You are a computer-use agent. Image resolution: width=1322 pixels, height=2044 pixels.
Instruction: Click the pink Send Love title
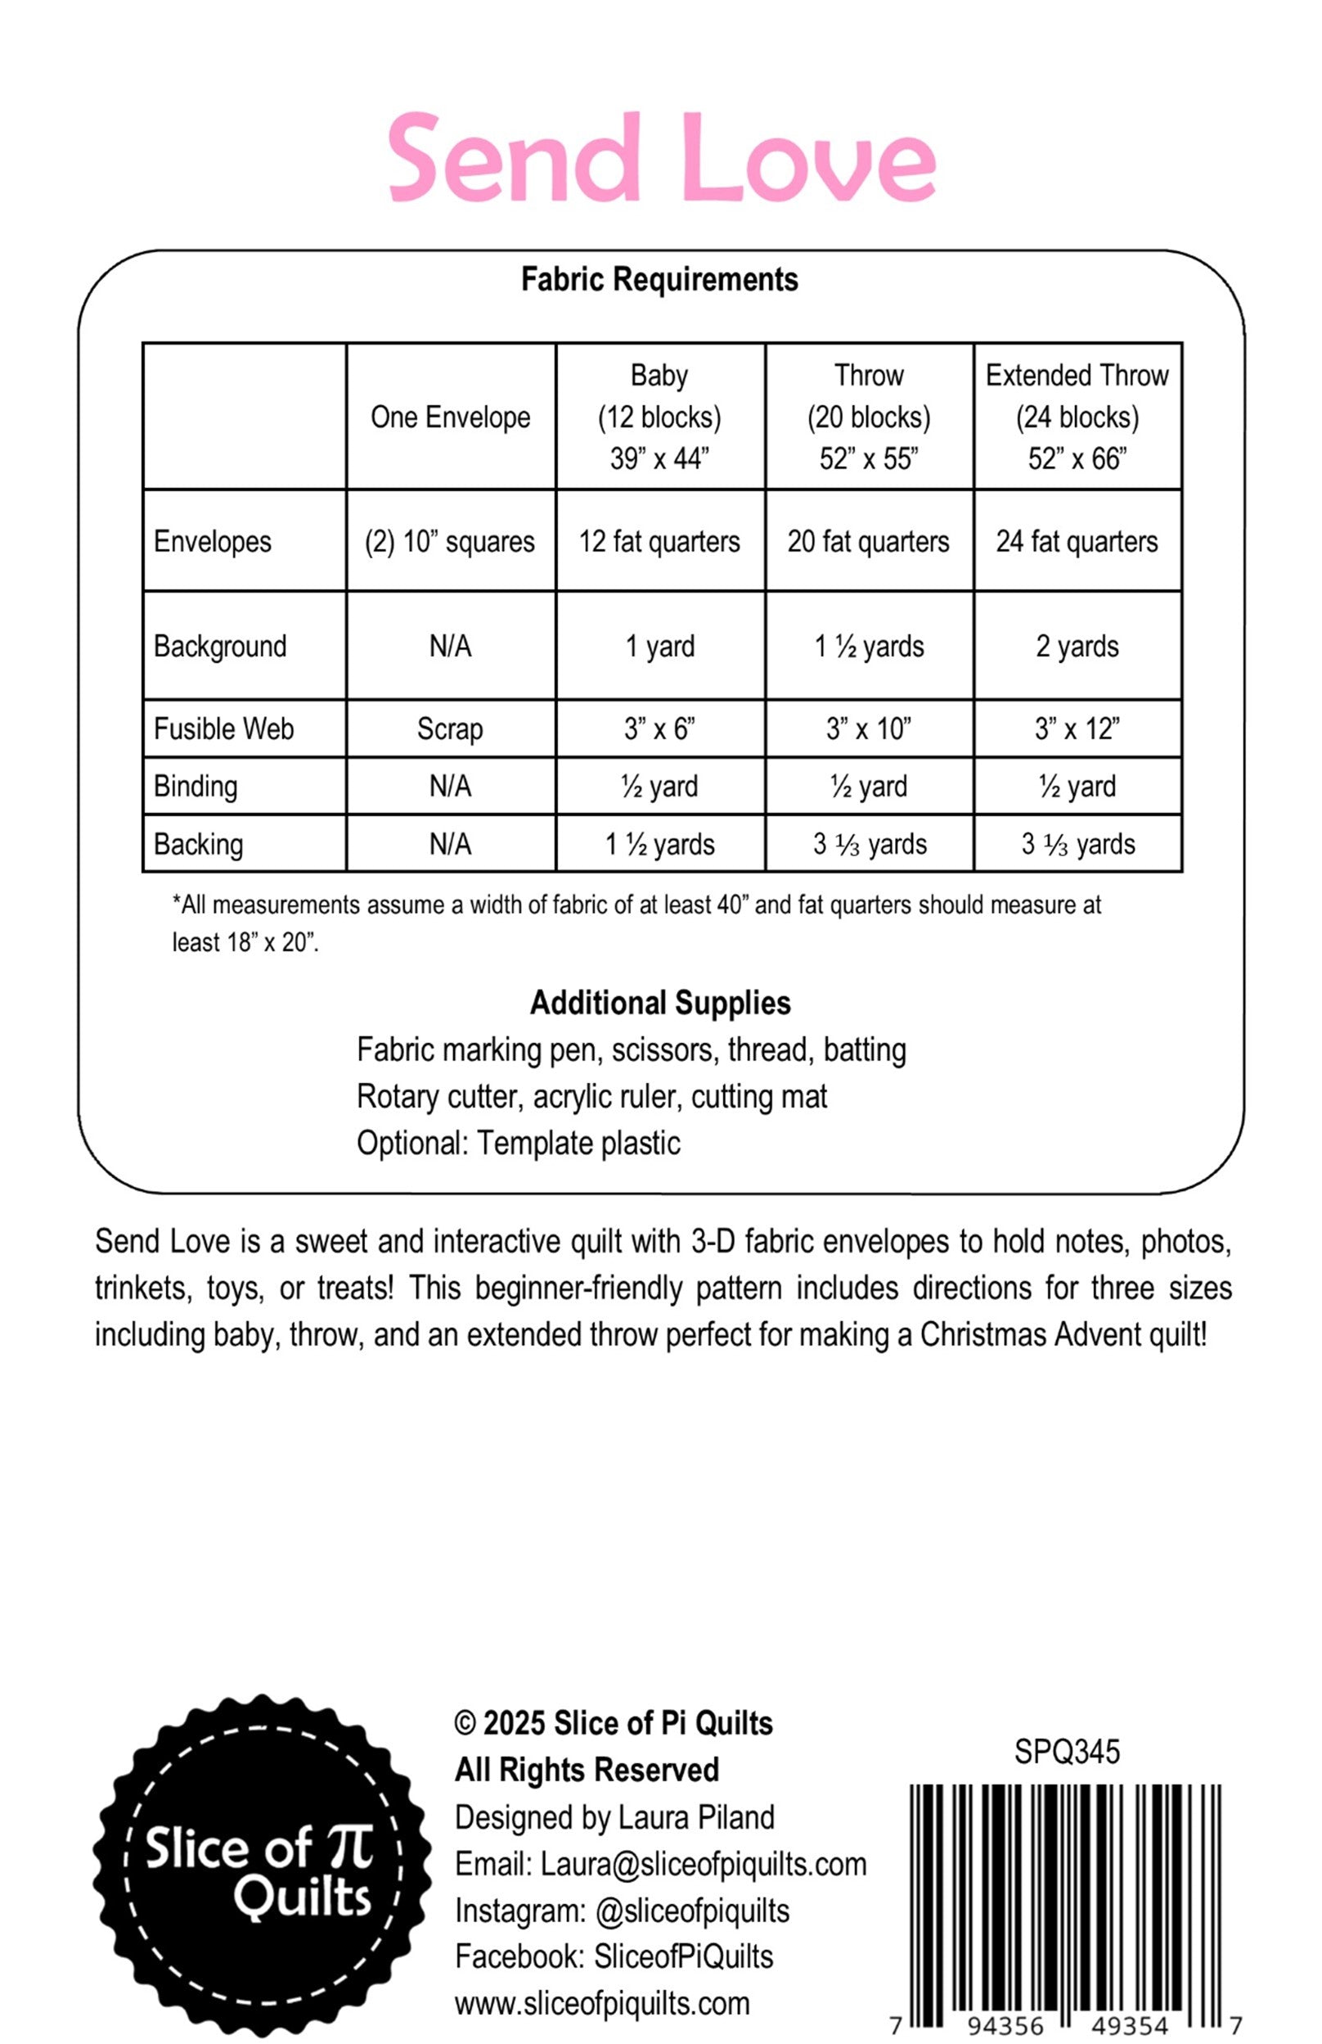tap(661, 159)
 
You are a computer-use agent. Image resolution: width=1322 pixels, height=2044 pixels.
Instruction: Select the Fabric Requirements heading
tap(659, 280)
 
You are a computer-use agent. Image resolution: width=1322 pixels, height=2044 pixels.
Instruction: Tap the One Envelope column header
tap(451, 417)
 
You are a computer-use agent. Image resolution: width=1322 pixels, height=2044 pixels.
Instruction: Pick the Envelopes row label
tap(213, 542)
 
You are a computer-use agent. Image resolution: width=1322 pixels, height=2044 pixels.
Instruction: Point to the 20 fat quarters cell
tap(869, 542)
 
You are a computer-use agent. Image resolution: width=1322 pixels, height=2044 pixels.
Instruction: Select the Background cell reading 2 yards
tap(1077, 647)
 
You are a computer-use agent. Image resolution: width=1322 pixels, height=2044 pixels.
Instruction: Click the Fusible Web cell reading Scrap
tap(451, 729)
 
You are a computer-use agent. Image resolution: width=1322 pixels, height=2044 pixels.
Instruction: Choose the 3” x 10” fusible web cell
tap(869, 729)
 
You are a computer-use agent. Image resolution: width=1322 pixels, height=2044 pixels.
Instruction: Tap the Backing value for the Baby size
tap(659, 845)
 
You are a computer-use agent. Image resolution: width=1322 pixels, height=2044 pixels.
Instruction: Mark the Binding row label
tap(196, 787)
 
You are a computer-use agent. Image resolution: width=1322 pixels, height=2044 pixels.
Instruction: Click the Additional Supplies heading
tap(660, 1003)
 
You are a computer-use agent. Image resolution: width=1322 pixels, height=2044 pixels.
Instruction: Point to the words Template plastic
tap(579, 1143)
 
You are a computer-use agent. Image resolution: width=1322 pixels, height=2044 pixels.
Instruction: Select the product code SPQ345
tap(1067, 1752)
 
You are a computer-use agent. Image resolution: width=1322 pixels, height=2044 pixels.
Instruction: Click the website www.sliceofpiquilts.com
tap(603, 2004)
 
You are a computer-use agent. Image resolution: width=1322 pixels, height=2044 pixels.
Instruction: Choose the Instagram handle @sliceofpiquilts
tap(692, 1911)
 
